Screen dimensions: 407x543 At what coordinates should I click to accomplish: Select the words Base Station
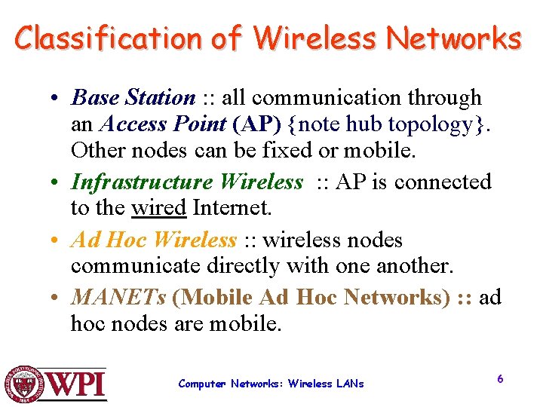(133, 97)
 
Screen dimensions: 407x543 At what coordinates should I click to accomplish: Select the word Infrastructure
(142, 182)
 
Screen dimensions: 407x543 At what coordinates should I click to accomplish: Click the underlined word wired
(159, 207)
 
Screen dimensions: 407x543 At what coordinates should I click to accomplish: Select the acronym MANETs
(118, 297)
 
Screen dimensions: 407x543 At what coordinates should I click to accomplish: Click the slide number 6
(500, 378)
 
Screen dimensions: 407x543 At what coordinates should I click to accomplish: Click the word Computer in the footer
(202, 384)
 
